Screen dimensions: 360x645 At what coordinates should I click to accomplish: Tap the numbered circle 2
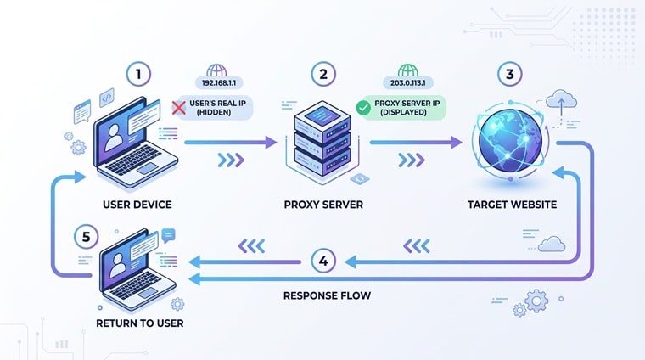322,75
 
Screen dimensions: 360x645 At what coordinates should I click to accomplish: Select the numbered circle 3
509,75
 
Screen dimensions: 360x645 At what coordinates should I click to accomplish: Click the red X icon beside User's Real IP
180,107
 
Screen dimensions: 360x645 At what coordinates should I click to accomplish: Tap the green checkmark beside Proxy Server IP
363,107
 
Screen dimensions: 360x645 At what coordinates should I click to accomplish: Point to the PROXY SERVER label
322,205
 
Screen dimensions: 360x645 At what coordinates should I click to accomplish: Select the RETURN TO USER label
139,323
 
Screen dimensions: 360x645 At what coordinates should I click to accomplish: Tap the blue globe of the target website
508,141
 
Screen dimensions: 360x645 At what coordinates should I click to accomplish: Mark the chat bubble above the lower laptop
168,234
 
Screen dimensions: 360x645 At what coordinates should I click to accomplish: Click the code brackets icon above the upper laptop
107,97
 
